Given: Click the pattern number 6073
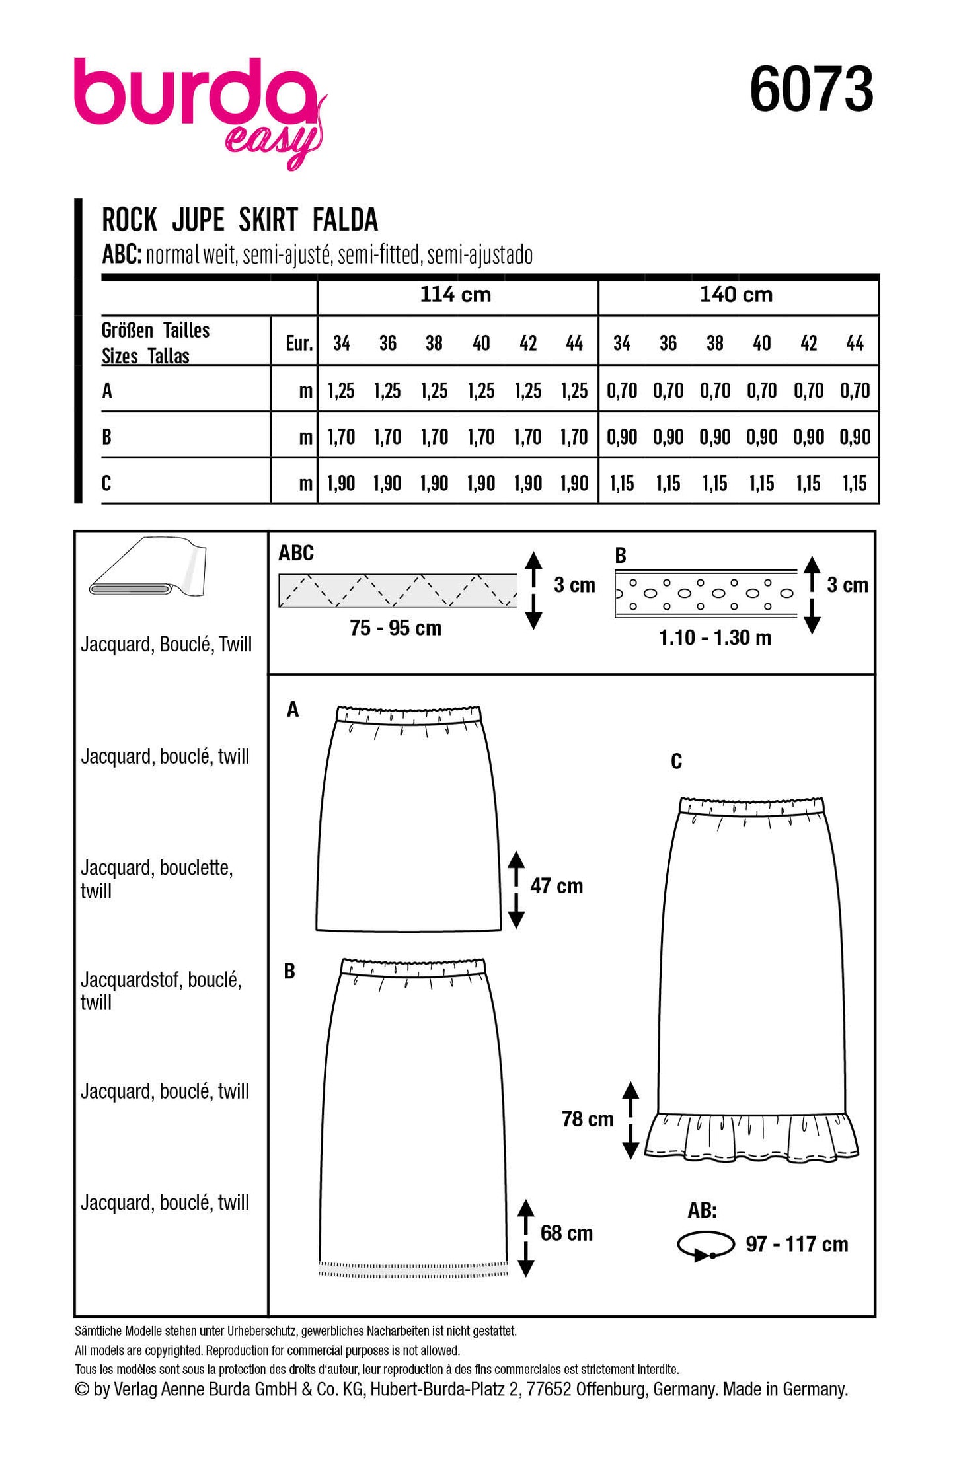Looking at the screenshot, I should [x=811, y=90].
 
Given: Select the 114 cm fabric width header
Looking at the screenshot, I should [x=456, y=295].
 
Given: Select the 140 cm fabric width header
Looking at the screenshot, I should [x=736, y=295].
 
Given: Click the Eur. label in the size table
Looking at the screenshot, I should [x=299, y=344].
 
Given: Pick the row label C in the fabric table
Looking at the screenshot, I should [x=106, y=484].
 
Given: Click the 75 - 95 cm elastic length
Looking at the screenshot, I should [x=395, y=628].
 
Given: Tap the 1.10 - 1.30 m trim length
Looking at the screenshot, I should [x=715, y=638].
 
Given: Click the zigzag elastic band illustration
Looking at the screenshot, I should [x=398, y=591].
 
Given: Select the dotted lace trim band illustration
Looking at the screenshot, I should [x=706, y=593].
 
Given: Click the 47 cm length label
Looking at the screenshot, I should [x=556, y=886].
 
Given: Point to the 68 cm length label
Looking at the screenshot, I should [x=566, y=1233].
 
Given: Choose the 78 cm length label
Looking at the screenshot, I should [x=588, y=1119].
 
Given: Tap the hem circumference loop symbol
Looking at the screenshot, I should [x=705, y=1245].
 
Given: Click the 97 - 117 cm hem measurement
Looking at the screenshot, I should [x=796, y=1245].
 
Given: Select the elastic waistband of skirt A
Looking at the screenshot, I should [x=408, y=714].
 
